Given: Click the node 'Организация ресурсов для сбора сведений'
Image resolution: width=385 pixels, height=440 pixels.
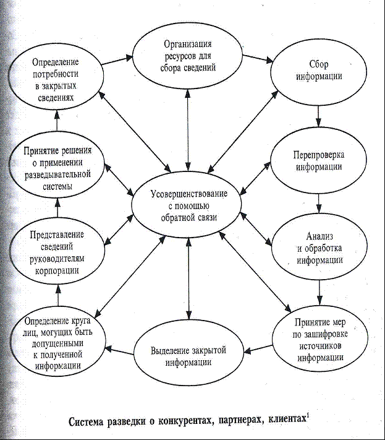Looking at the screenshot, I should click(x=190, y=55).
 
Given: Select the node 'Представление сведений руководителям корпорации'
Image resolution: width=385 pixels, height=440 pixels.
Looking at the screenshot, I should click(x=56, y=252).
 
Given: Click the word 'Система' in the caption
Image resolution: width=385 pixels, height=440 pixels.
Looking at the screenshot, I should click(x=91, y=422).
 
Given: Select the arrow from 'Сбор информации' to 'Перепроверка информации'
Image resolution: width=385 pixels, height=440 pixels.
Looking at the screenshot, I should click(x=318, y=115).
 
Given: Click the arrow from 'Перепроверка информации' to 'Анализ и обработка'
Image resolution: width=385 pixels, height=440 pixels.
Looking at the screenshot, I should click(x=318, y=203).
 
